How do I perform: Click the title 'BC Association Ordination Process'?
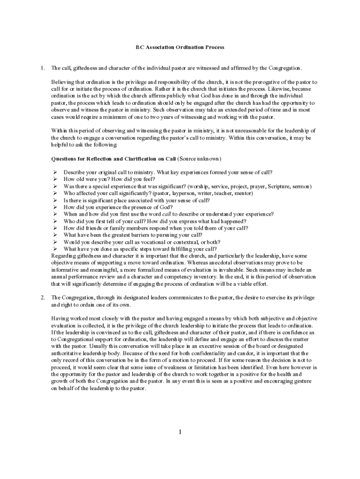pos(180,47)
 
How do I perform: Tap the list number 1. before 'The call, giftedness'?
pos(43,68)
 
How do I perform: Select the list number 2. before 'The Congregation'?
pos(43,298)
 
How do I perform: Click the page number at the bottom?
pos(180,432)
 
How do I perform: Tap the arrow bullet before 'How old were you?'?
pos(55,179)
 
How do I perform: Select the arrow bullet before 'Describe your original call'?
pos(55,172)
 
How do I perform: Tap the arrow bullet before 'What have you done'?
pos(55,249)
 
